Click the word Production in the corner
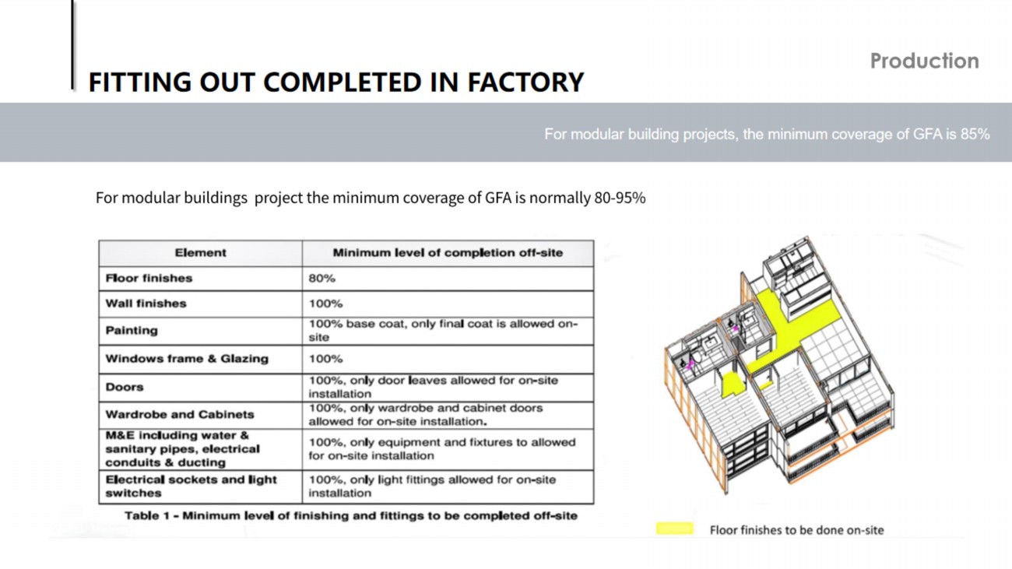[924, 61]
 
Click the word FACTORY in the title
[525, 83]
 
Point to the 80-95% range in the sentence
[620, 198]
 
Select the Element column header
[200, 253]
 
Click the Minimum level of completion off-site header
[448, 253]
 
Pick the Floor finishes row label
[149, 278]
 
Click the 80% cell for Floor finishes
[322, 278]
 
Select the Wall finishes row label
[146, 304]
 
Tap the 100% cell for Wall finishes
[325, 304]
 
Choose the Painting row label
[132, 331]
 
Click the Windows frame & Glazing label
[187, 359]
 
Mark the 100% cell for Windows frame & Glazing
[325, 359]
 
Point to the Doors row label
[125, 388]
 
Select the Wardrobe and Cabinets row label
[179, 415]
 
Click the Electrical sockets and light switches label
[191, 486]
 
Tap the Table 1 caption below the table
[351, 516]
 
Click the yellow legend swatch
[674, 529]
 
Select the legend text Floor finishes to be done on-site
[796, 530]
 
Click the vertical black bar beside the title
[72, 44]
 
